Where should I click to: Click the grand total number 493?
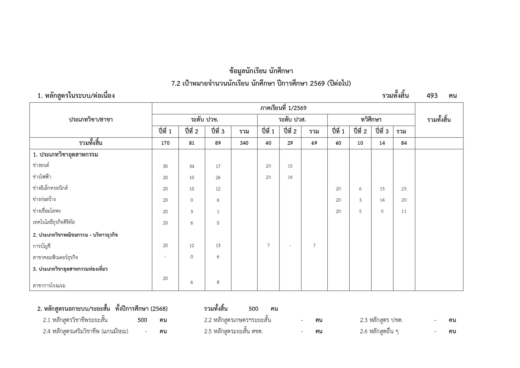click(x=432, y=95)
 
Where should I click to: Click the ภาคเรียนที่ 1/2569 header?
click(x=283, y=108)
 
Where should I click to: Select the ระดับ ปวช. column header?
click(x=204, y=120)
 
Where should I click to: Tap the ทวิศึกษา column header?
click(x=371, y=120)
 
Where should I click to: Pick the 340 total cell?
click(x=244, y=143)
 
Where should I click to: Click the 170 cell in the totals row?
click(x=165, y=143)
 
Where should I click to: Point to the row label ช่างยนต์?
click(x=41, y=165)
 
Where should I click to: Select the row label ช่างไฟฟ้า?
click(x=42, y=177)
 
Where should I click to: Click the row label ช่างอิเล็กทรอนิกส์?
click(x=50, y=188)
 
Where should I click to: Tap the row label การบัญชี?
click(x=42, y=246)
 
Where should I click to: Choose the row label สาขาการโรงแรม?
click(x=49, y=286)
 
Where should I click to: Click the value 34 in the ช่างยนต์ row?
click(x=192, y=166)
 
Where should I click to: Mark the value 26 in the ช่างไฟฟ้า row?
click(x=218, y=177)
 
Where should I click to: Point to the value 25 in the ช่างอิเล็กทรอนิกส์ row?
click(x=404, y=189)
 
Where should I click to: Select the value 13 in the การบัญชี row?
click(x=218, y=245)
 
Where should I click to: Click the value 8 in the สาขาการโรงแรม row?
click(x=218, y=282)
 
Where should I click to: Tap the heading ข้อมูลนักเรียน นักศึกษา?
click(x=261, y=71)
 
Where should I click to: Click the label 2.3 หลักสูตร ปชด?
click(x=381, y=320)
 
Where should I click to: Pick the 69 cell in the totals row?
click(x=314, y=143)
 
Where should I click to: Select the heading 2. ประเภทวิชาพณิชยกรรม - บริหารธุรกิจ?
click(x=75, y=235)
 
